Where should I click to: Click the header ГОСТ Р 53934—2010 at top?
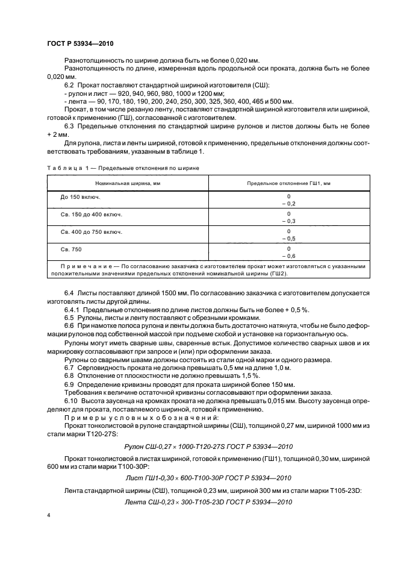click(x=80, y=44)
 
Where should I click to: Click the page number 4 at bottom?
click(x=48, y=516)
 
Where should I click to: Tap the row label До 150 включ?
click(x=81, y=197)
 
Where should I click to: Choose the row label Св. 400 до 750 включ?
click(x=91, y=232)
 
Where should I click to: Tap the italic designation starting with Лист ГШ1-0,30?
click(x=199, y=477)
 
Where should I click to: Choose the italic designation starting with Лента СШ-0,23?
click(x=199, y=502)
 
